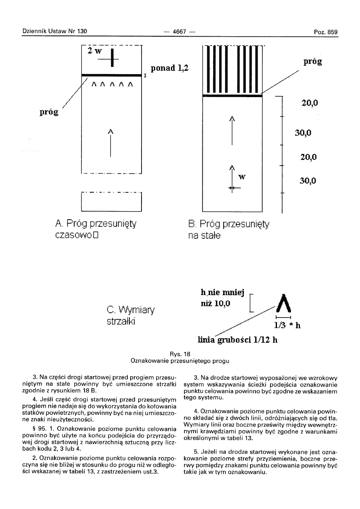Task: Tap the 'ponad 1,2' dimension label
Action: click(x=170, y=69)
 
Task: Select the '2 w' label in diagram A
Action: click(x=95, y=51)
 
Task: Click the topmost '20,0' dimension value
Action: click(x=310, y=103)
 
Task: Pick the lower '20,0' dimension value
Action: click(x=309, y=157)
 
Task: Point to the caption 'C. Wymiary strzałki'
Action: click(x=125, y=316)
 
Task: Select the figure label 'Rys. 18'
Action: click(x=180, y=354)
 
